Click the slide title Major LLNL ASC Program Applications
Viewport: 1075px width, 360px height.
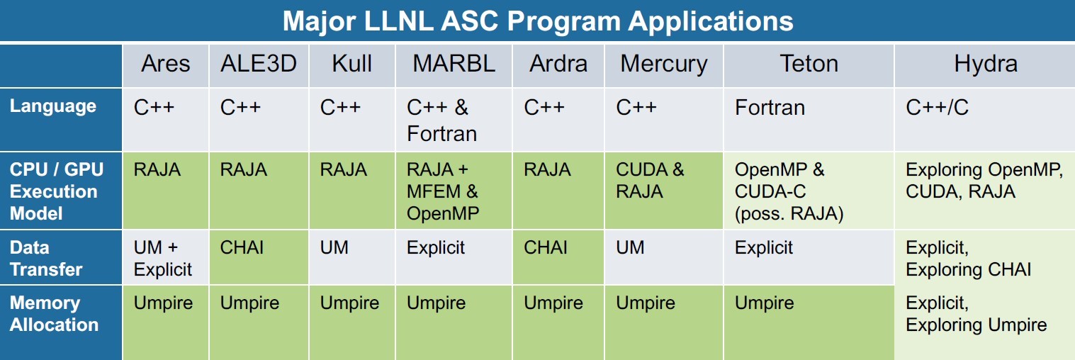click(537, 21)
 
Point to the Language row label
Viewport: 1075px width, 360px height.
click(52, 106)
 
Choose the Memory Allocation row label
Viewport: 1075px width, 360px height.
click(54, 314)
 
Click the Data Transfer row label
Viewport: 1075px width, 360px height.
click(46, 259)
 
